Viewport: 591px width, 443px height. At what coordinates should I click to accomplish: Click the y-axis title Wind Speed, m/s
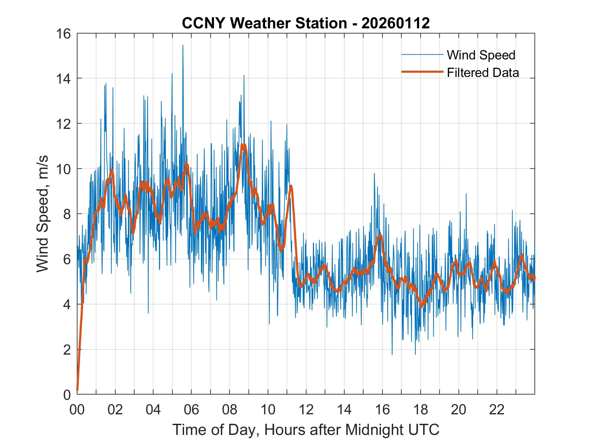tap(43, 214)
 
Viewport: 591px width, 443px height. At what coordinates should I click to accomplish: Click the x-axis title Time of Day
tap(306, 430)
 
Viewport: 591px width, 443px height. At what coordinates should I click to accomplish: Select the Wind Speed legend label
tap(481, 55)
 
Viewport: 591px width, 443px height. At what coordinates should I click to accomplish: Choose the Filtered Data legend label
tap(483, 73)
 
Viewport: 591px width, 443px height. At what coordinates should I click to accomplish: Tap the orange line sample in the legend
tap(422, 72)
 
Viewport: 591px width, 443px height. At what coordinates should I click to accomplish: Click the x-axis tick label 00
tap(77, 410)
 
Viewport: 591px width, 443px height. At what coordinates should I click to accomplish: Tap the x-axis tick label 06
tap(191, 410)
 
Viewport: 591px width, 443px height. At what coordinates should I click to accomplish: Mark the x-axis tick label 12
tap(306, 410)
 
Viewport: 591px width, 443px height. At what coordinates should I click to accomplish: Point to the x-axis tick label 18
tap(420, 410)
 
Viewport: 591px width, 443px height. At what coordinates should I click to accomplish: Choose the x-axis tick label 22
tap(497, 410)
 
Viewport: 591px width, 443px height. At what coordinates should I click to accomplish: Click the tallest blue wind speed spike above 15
tap(183, 46)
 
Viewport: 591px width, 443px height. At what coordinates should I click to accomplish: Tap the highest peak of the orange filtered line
tap(243, 145)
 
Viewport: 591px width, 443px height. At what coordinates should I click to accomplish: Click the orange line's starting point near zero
tap(78, 390)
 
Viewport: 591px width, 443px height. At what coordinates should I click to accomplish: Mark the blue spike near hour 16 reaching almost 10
tap(374, 173)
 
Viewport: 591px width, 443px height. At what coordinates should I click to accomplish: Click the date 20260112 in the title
tap(395, 23)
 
